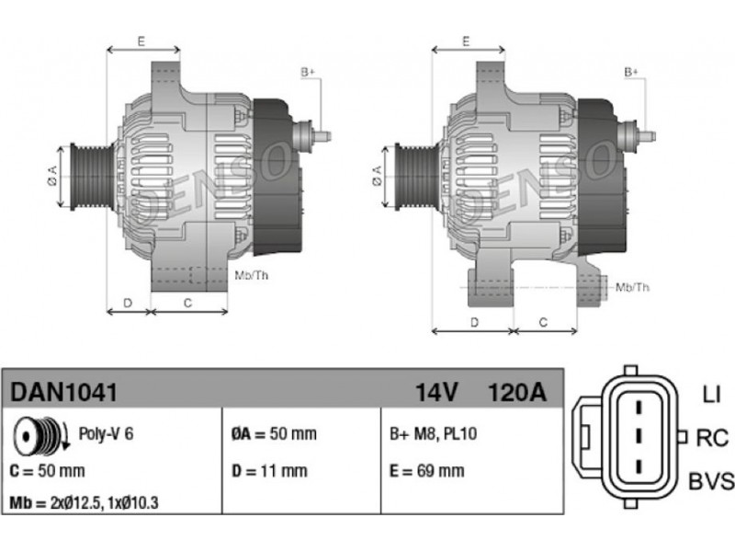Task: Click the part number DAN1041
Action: [63, 392]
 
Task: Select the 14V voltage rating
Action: [436, 392]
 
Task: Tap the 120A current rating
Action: [517, 392]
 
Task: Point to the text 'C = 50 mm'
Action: [48, 471]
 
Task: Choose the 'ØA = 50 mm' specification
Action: [274, 433]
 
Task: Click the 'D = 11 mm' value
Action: [269, 471]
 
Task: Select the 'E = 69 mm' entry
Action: [427, 471]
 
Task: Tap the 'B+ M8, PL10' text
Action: [434, 433]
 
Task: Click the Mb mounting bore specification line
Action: [84, 502]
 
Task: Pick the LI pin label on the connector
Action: [711, 395]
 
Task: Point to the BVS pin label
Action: [711, 481]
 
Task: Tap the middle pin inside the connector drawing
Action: [638, 436]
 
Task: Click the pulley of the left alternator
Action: [92, 177]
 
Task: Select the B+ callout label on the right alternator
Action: [631, 73]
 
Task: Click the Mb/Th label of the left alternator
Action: [252, 275]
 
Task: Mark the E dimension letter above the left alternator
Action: [141, 41]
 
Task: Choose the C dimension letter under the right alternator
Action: [543, 323]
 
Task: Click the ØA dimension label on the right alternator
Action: [378, 176]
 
